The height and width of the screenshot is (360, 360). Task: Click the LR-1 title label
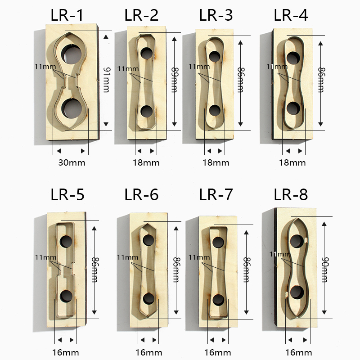tap(67, 15)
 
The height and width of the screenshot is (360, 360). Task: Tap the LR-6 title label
tap(141, 195)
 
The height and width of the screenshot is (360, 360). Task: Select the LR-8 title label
tap(291, 195)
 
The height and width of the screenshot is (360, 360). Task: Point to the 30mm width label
tap(72, 163)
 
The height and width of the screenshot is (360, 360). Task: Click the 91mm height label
tap(106, 80)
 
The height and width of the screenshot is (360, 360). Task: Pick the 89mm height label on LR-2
tap(175, 80)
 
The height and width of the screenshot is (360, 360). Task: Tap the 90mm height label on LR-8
tap(324, 270)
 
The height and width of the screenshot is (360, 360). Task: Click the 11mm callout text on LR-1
tap(45, 67)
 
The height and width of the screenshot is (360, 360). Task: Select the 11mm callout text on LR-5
tap(45, 257)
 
